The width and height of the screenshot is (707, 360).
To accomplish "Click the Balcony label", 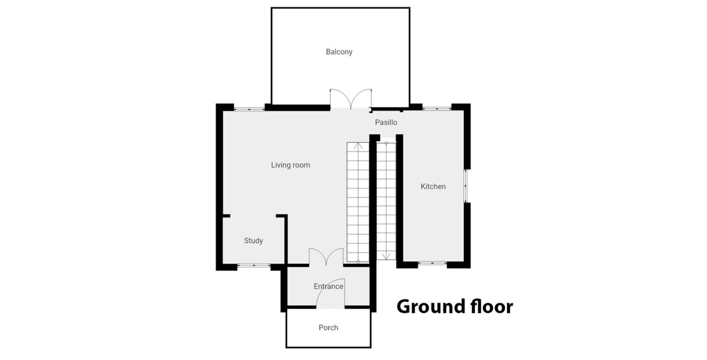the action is [x=339, y=52].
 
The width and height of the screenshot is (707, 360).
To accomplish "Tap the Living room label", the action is [x=291, y=165].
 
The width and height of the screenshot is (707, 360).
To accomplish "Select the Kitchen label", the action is [x=433, y=186].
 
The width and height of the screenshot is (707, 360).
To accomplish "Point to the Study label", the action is [x=253, y=241].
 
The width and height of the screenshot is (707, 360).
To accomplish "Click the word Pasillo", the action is [x=386, y=122].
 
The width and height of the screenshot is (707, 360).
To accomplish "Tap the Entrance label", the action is [x=328, y=286].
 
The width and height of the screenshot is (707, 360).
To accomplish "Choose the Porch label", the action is [x=328, y=328].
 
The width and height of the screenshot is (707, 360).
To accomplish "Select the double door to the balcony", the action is [x=351, y=99].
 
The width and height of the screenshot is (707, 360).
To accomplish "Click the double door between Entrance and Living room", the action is [x=326, y=257].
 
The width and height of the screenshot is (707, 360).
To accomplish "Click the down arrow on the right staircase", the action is [x=386, y=256].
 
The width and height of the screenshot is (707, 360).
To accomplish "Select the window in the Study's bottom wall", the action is [x=254, y=265].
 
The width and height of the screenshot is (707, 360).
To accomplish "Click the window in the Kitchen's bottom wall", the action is [x=432, y=263].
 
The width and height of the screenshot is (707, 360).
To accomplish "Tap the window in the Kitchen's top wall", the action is [x=437, y=108].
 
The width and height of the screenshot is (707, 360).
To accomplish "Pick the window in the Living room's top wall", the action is [x=249, y=109].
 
